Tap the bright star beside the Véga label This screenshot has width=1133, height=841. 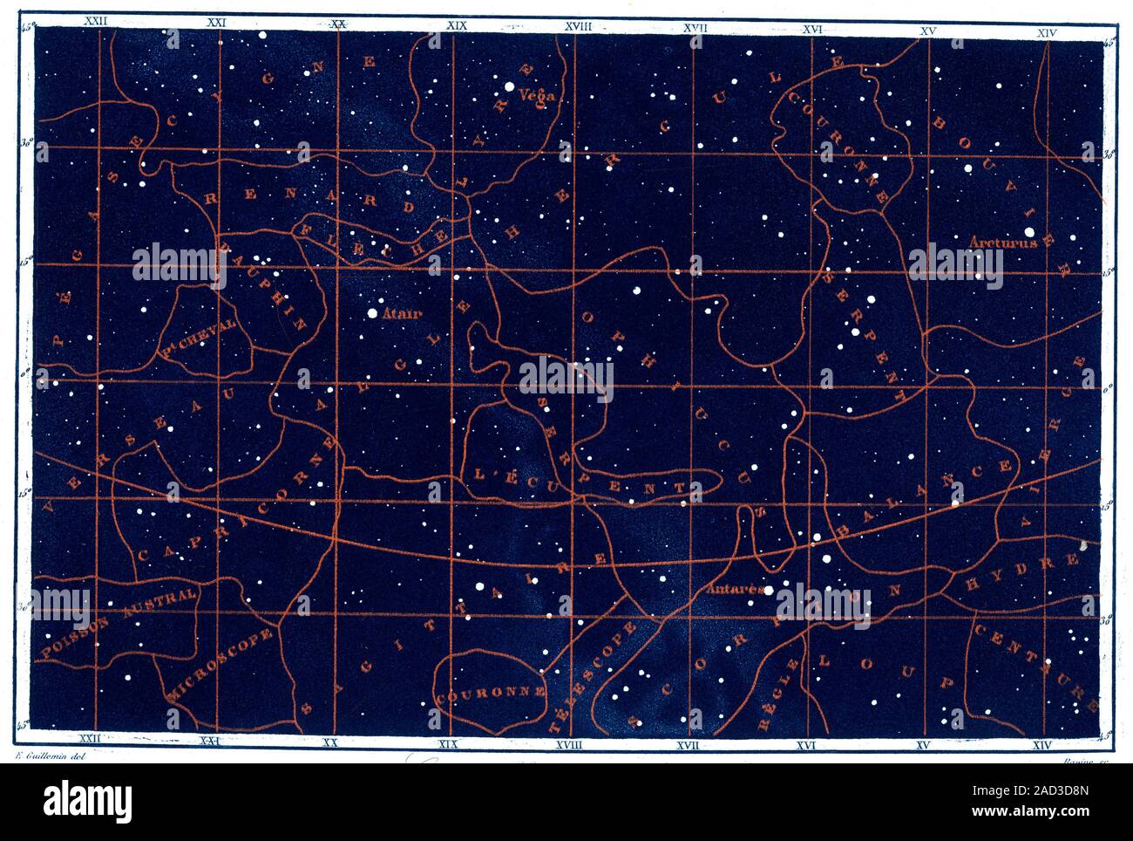[507, 86]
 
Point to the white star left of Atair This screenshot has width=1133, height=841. [372, 311]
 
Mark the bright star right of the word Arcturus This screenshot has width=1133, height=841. [1030, 233]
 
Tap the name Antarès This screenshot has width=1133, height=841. [736, 589]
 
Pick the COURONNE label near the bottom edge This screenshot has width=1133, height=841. [492, 696]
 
